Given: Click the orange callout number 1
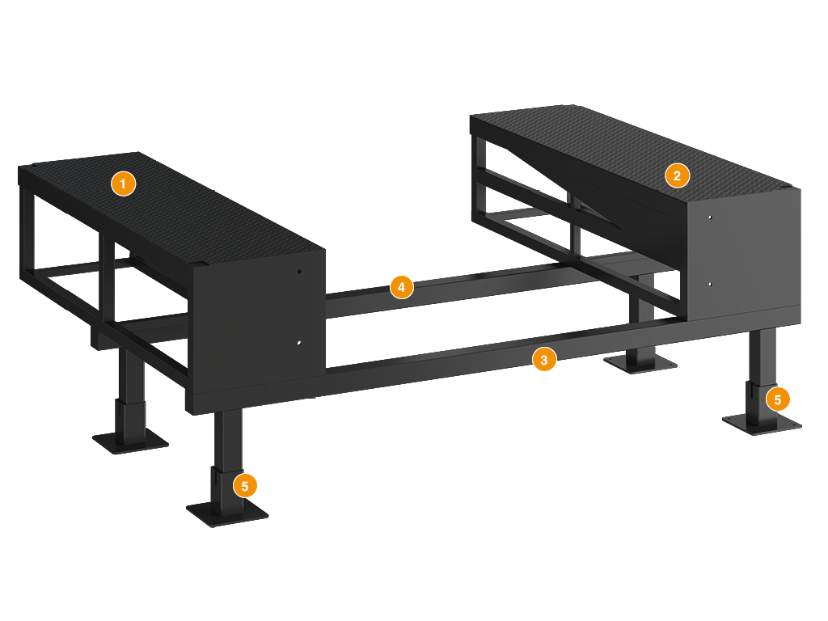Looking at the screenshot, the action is click(123, 184).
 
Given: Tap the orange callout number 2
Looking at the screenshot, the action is click(677, 175).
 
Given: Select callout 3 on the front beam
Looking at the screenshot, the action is click(544, 360).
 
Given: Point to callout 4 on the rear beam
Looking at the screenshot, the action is click(401, 287).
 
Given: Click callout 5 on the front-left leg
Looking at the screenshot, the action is click(244, 486).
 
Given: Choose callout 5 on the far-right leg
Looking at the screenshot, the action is click(777, 399).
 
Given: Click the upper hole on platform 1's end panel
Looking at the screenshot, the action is click(299, 272).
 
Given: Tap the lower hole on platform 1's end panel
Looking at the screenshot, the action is click(299, 343).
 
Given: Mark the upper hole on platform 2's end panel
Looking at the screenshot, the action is click(710, 217).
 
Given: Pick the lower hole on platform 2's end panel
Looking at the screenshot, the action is click(710, 284).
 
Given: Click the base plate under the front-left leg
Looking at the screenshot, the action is click(227, 513).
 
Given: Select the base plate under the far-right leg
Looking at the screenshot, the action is click(762, 424).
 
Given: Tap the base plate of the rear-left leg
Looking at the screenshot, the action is click(130, 441).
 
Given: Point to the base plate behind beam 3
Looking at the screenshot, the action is click(640, 364).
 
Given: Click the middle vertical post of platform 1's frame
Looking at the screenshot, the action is click(108, 280).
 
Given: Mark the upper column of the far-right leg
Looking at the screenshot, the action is click(762, 355).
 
